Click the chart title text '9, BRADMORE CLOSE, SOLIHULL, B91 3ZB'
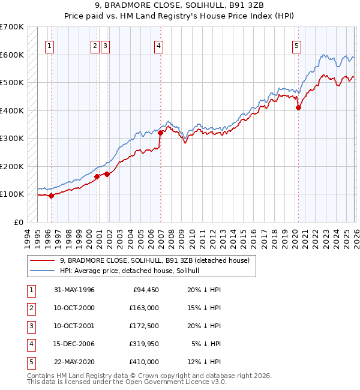[x=180, y=6]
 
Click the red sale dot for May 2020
[x=298, y=108]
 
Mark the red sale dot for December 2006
[x=160, y=133]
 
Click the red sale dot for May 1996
[x=51, y=196]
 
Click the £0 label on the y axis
[x=18, y=222]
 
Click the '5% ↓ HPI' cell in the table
[x=206, y=344]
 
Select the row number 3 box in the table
[x=30, y=326]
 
